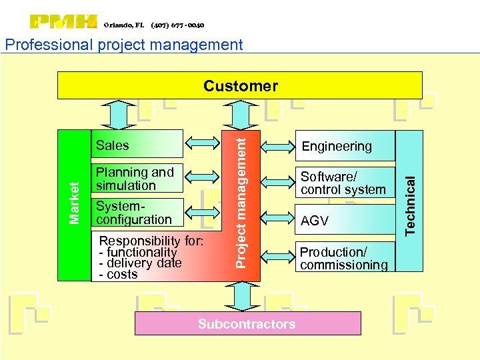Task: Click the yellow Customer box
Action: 240,85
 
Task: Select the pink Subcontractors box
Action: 247,324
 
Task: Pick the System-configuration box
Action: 136,212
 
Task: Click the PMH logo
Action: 63,22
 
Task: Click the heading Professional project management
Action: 123,45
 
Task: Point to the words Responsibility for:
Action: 151,241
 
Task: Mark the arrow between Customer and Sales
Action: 117,114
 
